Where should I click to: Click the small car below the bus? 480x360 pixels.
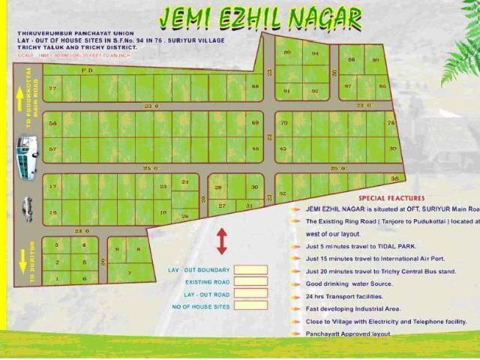click(27, 208)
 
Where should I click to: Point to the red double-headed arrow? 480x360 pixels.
click(222, 241)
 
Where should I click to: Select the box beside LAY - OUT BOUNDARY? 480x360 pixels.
click(250, 270)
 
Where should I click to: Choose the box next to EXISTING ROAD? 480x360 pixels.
click(250, 282)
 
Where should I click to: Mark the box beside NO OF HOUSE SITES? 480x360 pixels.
click(250, 306)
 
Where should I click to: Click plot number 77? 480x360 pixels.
click(52, 88)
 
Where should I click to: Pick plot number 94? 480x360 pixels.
click(315, 53)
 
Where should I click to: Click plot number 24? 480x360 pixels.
click(185, 182)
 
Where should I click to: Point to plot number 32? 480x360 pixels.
click(283, 193)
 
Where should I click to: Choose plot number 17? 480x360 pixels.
click(52, 186)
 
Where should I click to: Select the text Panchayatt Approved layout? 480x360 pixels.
click(349, 333)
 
